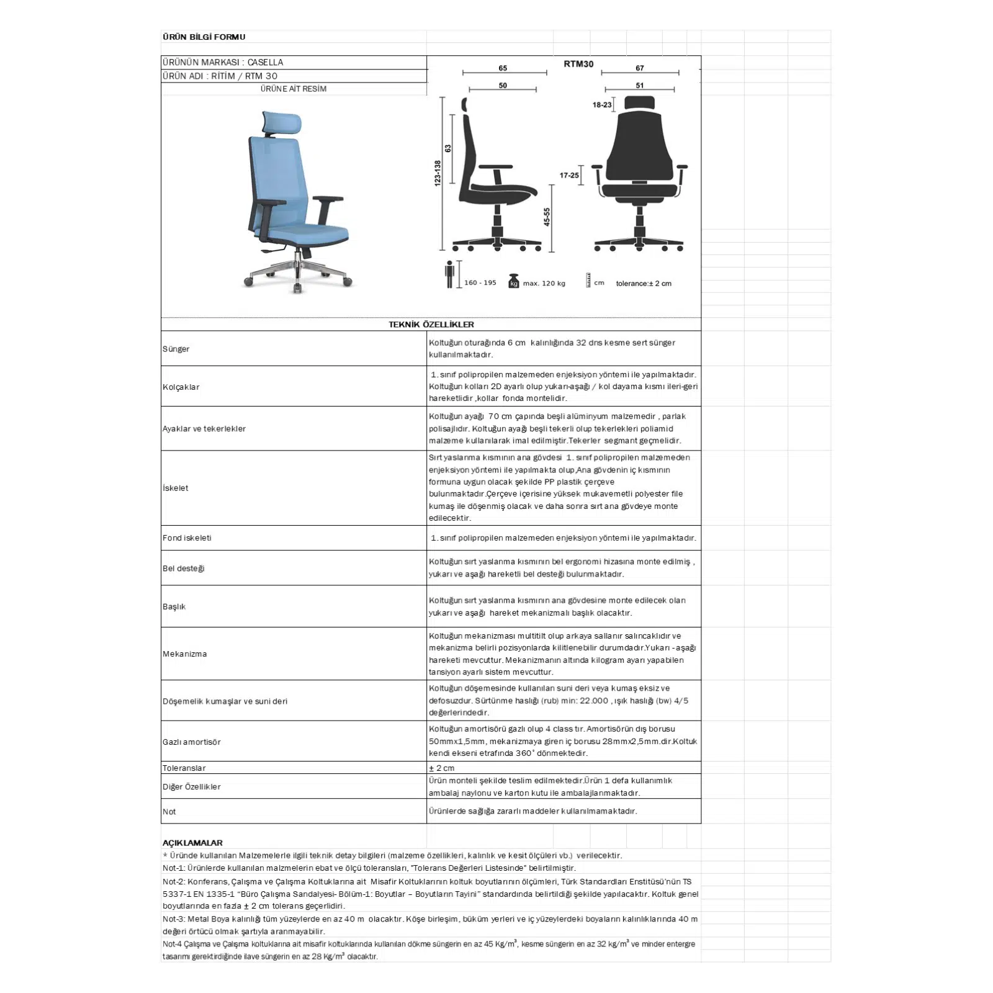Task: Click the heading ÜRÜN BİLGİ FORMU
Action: tap(204, 37)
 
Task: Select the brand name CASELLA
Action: tap(265, 62)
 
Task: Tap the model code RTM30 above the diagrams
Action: tap(578, 64)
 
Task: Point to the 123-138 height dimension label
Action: tap(438, 173)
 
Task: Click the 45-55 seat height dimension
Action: tap(547, 217)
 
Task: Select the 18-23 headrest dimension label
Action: tap(601, 105)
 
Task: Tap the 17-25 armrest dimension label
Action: tap(569, 176)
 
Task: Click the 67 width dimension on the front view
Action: tap(639, 68)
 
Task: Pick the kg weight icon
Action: tap(513, 281)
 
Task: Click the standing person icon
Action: tap(449, 274)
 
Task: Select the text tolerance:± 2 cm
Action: tap(643, 284)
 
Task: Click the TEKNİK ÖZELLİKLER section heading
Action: tap(431, 325)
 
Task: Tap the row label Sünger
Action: tap(176, 349)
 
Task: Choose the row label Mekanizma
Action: tap(185, 654)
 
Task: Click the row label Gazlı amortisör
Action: tap(192, 742)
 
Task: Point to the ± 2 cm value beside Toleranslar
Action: tap(441, 768)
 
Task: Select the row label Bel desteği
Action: tap(184, 568)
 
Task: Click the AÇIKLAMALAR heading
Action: tap(192, 843)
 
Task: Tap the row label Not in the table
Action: tap(169, 812)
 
